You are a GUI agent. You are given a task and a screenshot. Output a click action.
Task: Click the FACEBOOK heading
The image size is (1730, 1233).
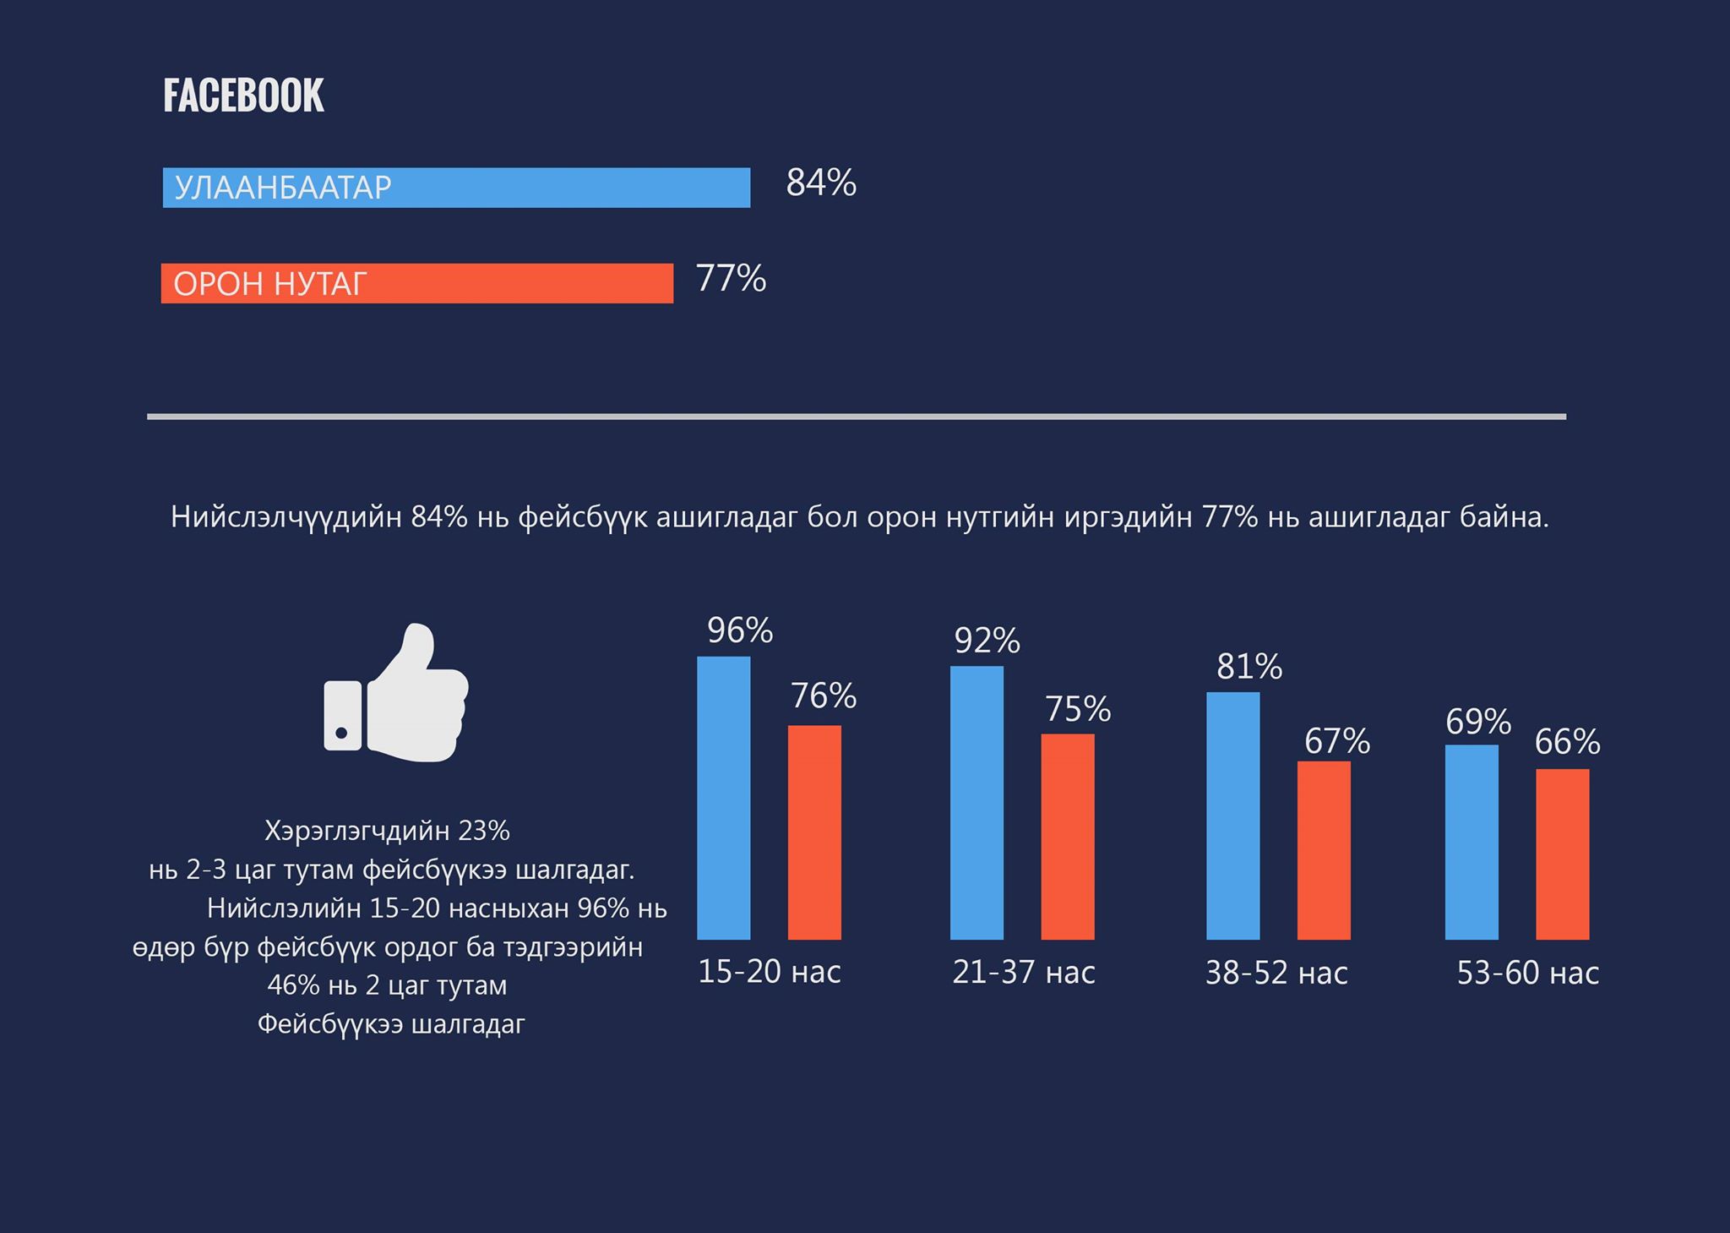(243, 95)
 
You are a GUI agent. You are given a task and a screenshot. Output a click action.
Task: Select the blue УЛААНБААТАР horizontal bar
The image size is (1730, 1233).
(456, 188)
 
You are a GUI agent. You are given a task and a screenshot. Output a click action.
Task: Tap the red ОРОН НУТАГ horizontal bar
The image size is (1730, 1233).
(417, 283)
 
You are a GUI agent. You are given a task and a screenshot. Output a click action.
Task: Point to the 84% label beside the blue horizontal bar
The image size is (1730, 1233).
(821, 183)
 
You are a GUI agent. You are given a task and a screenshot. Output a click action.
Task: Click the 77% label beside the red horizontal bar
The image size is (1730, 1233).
(731, 278)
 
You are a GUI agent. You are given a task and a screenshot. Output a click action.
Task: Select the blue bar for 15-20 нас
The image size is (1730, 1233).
(723, 798)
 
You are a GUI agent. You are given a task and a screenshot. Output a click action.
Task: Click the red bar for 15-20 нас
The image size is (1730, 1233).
(814, 832)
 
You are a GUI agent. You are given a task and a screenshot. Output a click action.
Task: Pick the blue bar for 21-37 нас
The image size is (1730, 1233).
(977, 803)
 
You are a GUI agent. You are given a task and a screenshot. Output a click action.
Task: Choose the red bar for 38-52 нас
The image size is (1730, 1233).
(1324, 850)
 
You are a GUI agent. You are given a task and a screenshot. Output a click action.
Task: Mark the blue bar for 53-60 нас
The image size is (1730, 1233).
(1472, 842)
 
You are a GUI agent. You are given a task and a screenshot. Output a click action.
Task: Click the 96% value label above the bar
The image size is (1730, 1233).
(740, 630)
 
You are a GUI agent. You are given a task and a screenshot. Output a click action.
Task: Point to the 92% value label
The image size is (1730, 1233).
(987, 641)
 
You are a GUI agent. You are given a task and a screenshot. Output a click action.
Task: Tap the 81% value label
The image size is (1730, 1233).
(1249, 668)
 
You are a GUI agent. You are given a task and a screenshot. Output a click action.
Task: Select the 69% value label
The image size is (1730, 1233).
(1478, 722)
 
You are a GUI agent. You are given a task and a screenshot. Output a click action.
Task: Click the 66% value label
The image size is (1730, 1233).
(1567, 742)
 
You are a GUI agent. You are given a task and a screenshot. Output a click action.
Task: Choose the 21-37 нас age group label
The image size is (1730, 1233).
(1024, 973)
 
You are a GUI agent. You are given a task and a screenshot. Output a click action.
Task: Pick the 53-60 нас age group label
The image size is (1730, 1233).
(1528, 974)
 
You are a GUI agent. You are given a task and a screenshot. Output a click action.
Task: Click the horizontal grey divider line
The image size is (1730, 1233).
(857, 417)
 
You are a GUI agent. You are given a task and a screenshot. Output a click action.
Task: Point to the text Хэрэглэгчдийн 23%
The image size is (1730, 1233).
(388, 832)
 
